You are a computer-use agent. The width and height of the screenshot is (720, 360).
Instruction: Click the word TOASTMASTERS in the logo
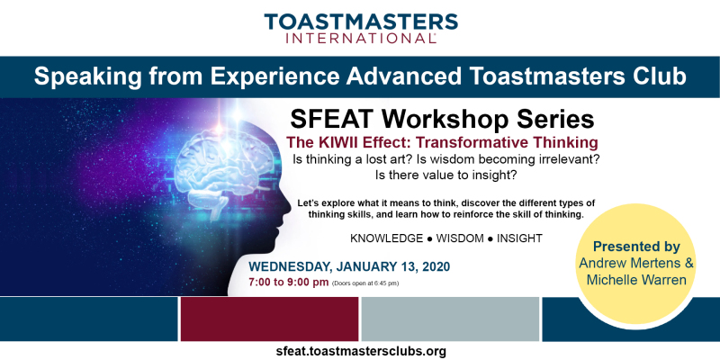coord(361,22)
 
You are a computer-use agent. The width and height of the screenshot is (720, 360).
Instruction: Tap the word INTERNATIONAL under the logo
coord(361,39)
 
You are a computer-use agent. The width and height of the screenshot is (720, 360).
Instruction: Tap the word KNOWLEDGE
coord(386,238)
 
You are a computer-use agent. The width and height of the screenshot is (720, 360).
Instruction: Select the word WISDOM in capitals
coord(460,238)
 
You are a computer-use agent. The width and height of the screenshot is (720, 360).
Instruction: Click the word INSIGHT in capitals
coord(520,238)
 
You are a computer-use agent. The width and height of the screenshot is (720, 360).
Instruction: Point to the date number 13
coord(411,266)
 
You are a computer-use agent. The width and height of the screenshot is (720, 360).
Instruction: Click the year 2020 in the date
coord(436,266)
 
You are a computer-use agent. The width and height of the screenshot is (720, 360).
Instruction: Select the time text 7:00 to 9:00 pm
coord(288,283)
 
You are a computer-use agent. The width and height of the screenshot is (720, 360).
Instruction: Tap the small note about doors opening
coord(365,283)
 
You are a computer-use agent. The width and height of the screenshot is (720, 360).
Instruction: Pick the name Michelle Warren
coord(636,280)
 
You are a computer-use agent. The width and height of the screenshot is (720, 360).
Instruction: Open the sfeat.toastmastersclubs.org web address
coord(361,352)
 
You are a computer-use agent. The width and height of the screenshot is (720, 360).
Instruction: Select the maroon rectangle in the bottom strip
coord(269,319)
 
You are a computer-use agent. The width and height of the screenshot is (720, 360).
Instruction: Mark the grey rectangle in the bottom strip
coord(450,319)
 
